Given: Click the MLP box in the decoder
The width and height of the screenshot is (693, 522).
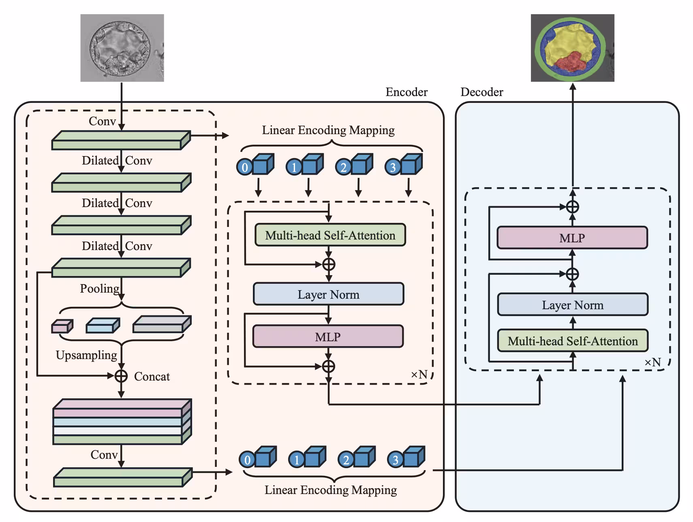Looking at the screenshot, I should point(572,238).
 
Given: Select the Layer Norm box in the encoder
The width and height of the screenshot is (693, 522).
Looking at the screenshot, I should point(328,294).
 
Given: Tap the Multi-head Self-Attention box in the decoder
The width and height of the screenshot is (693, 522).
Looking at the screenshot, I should point(572,341).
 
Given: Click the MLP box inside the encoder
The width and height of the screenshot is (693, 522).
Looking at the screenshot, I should point(328,337).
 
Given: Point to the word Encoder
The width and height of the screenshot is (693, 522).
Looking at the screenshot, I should point(406,92).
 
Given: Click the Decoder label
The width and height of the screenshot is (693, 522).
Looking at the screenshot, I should point(481,92).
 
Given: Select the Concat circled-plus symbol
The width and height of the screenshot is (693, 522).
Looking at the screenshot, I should point(121,376).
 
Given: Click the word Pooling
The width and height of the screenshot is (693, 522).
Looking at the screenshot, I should point(100,289).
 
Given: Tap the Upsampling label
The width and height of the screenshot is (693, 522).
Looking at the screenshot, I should point(86,355).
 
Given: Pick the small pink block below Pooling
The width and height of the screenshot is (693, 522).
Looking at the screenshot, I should point(62,326).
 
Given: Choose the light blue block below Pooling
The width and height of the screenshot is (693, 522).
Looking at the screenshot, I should point(103,326).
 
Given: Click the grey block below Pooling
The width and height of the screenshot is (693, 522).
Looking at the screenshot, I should point(161,325).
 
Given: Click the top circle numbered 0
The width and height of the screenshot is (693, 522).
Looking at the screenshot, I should point(244,167).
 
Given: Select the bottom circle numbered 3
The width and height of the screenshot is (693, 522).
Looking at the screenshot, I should point(395,460).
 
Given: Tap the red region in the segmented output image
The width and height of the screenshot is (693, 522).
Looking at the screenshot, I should point(570,62).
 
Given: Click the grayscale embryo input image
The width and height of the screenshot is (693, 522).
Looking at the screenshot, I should point(122,48).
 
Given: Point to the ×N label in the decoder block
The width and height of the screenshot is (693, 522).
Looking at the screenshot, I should point(652,362).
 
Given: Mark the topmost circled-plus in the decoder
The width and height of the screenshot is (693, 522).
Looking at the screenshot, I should point(572,207).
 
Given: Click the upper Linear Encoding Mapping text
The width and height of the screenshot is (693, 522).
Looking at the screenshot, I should point(328,130).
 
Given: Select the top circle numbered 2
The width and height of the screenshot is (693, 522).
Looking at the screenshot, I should point(343,167).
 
